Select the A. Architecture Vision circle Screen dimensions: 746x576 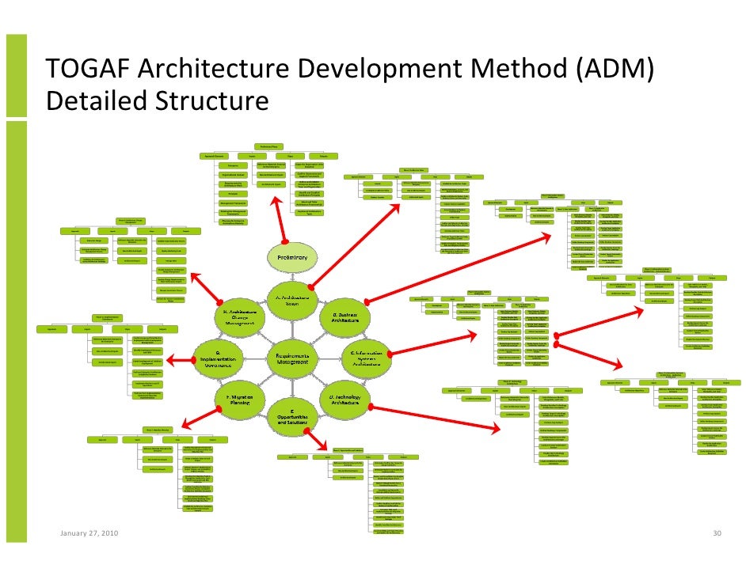[291, 300]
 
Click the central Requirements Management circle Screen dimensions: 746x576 [291, 358]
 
